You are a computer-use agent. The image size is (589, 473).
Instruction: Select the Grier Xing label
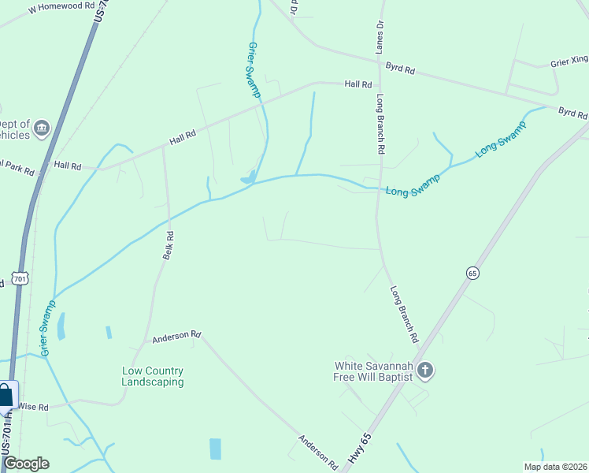pos(569,61)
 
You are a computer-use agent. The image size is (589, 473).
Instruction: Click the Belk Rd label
pos(168,246)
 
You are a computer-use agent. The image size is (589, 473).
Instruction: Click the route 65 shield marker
pos(472,273)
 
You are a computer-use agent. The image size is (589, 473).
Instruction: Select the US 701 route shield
pos(20,279)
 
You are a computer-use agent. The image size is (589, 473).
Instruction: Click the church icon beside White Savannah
pos(425,370)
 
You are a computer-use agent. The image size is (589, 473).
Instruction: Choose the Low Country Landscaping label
pos(153,376)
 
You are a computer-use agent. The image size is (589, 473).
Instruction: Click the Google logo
pos(26,464)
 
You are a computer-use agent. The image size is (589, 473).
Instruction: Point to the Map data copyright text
pos(555,467)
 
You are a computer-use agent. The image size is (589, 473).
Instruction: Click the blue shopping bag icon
pos(6,395)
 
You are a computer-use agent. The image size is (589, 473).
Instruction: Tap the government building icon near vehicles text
pos(42,127)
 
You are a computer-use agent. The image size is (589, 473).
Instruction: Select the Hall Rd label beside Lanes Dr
pos(357,84)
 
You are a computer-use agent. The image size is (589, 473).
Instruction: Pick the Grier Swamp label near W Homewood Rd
pos(254,70)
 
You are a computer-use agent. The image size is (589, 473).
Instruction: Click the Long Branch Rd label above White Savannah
pos(404,314)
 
